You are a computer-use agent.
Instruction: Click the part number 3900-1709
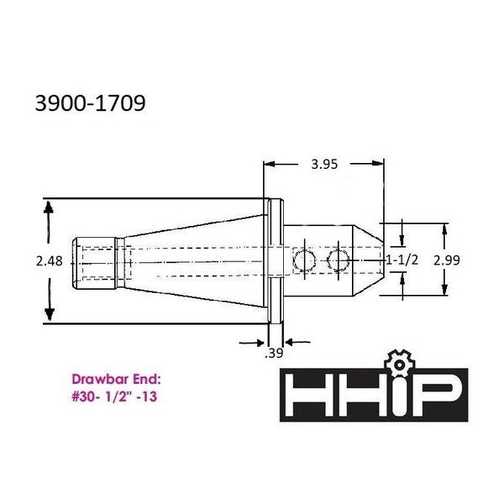91,103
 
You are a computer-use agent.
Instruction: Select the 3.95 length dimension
324,165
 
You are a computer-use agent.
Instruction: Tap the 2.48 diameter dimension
50,261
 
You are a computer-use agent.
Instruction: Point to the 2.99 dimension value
447,260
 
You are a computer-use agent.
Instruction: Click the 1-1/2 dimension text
402,260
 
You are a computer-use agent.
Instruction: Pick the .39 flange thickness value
274,354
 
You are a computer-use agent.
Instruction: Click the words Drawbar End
116,380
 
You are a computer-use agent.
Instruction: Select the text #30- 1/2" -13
114,396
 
